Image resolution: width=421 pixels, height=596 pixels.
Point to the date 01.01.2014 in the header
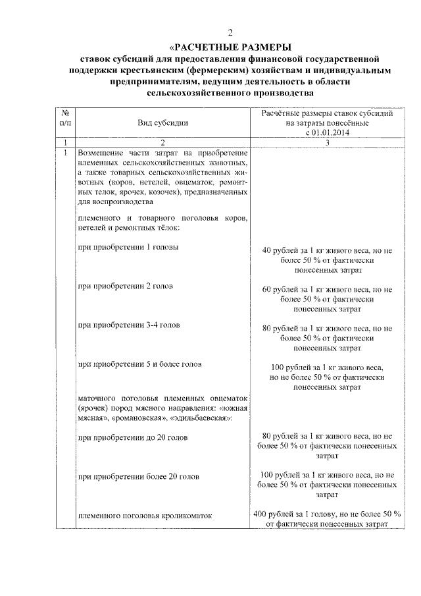[x=332, y=132]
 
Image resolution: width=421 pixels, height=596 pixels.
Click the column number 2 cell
[x=162, y=142]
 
